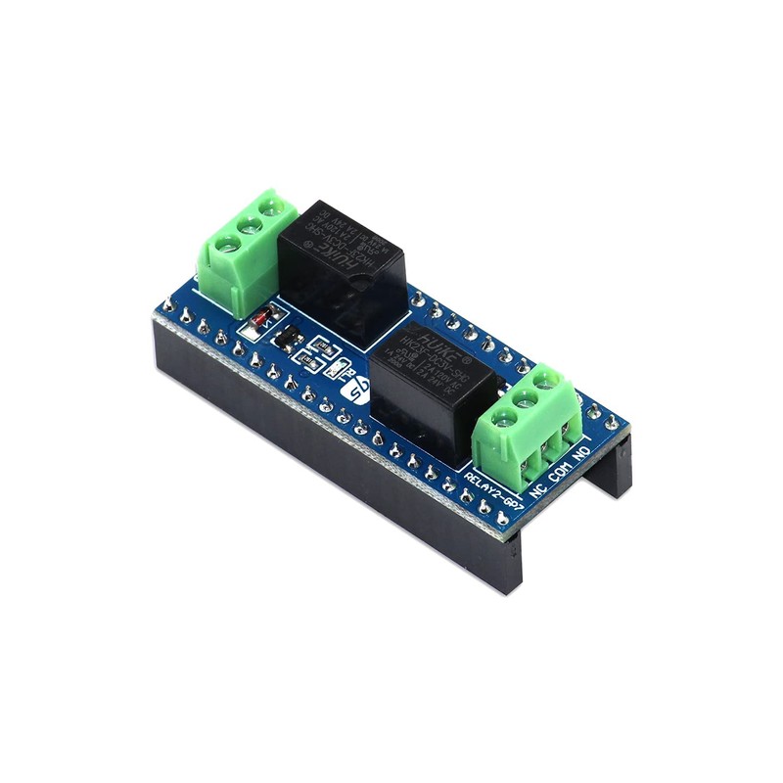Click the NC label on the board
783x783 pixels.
point(536,487)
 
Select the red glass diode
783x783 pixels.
point(262,319)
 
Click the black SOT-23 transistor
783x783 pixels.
point(286,340)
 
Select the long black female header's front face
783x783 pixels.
point(323,470)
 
